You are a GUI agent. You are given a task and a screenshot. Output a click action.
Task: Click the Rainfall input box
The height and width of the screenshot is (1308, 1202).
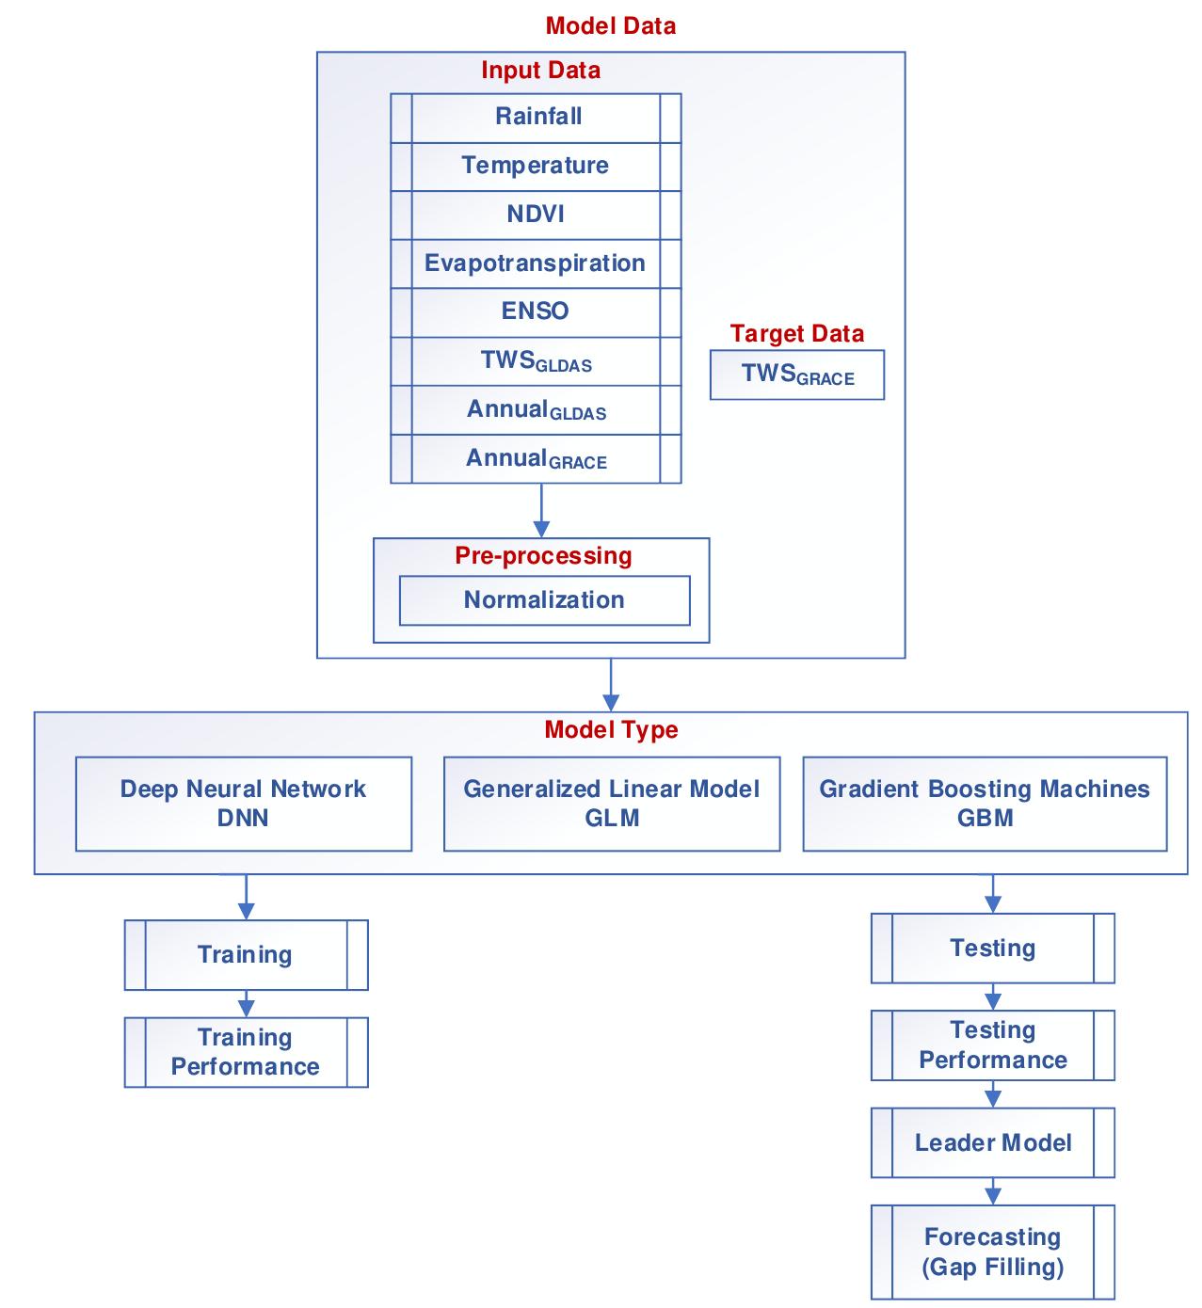(536, 118)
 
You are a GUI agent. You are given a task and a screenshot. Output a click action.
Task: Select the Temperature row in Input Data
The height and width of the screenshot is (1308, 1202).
(536, 167)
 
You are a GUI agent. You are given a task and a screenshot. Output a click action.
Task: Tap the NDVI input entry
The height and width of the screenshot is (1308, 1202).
(536, 215)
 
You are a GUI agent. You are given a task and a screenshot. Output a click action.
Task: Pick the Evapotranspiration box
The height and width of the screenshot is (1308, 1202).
(536, 263)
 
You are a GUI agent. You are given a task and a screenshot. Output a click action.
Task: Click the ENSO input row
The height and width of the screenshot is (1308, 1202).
(536, 311)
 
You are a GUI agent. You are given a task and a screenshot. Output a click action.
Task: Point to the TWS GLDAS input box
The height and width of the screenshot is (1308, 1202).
(536, 361)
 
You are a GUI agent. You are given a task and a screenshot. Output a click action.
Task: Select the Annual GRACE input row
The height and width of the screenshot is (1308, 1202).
(536, 459)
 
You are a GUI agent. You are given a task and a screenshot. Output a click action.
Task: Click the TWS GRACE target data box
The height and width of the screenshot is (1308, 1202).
(797, 375)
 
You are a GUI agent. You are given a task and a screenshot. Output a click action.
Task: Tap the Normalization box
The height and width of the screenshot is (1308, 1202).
(544, 600)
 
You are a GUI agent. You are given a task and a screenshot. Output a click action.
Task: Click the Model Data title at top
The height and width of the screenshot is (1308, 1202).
(610, 25)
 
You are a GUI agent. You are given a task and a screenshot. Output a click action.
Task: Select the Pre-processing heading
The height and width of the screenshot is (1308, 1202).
(543, 555)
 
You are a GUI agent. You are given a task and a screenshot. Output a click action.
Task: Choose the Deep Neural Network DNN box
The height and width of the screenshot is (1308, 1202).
(243, 804)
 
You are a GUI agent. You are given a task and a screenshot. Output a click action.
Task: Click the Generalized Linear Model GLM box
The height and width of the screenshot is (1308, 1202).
(612, 804)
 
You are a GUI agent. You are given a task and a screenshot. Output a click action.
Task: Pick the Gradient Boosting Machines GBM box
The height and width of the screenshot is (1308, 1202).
(985, 804)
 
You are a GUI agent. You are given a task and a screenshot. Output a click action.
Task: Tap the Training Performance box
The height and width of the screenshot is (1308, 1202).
(246, 1052)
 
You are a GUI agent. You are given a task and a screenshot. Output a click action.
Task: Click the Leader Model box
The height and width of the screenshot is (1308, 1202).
(993, 1143)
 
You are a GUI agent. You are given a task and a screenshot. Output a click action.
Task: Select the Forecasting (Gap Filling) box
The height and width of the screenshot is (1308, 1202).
(993, 1252)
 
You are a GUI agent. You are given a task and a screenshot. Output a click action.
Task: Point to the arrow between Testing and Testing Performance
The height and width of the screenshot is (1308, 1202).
(993, 997)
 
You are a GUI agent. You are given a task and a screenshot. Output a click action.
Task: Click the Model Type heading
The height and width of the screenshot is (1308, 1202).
(611, 730)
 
